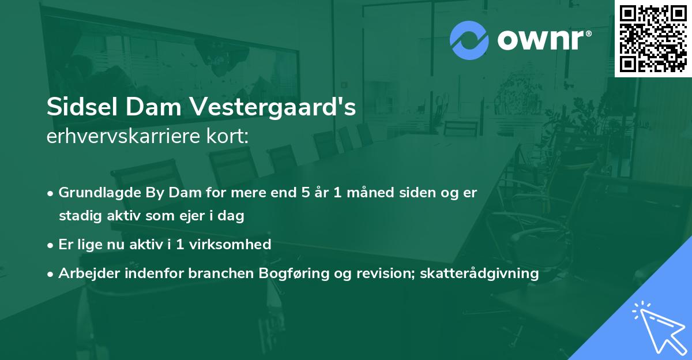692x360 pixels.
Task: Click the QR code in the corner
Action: [x=653, y=38]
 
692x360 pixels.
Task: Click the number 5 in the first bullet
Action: [x=305, y=193]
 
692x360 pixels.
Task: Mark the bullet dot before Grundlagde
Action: [x=51, y=193]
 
